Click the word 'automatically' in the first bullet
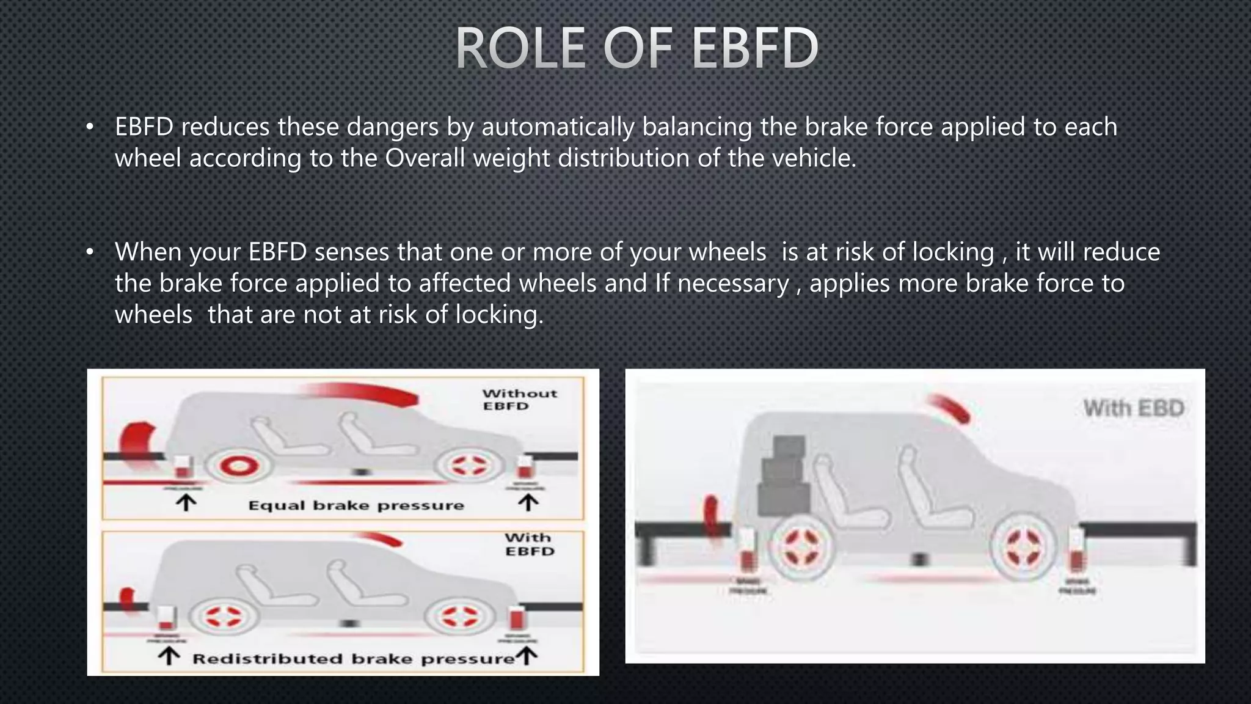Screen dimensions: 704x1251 (x=558, y=127)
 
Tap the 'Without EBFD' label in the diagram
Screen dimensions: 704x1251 (x=519, y=400)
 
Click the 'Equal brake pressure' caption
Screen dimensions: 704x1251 (x=356, y=505)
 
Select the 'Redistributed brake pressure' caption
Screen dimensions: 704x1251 (x=354, y=659)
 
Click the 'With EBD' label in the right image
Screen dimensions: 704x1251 (x=1134, y=408)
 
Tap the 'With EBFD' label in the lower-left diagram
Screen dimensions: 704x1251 (x=529, y=544)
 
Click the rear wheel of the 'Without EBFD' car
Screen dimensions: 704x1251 (x=238, y=467)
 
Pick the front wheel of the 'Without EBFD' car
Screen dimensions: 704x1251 (x=469, y=466)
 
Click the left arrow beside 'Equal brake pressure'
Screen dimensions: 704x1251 (x=186, y=502)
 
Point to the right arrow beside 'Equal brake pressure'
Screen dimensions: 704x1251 (x=528, y=502)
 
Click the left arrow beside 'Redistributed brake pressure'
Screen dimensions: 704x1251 (x=169, y=656)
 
